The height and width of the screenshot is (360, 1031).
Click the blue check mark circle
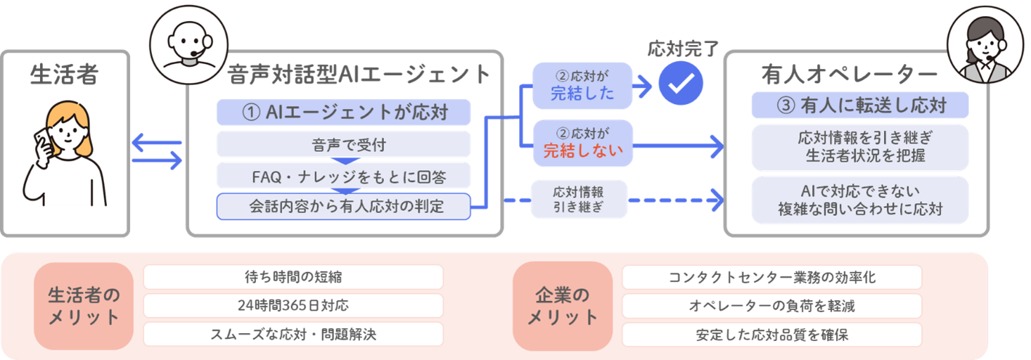coord(680,84)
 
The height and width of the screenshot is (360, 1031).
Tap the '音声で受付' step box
coord(343,145)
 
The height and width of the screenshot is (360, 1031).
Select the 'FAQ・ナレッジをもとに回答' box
coord(343,176)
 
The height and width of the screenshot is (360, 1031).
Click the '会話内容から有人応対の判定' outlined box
coord(343,206)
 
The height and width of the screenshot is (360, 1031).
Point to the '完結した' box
coord(582,86)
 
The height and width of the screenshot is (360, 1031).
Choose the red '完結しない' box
coord(583,143)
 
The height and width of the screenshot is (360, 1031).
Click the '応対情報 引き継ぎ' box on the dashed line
coord(579,199)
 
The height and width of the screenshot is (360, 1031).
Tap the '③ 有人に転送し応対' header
coord(860,105)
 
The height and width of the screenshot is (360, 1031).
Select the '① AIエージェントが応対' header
coord(343,112)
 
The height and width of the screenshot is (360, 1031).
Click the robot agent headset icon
coord(188,45)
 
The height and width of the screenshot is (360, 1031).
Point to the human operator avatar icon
coord(985,45)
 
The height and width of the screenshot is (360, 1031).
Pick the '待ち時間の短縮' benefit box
coord(293,276)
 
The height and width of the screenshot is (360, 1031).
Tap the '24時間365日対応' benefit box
coord(293,305)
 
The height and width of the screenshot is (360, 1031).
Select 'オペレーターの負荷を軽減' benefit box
coord(772,306)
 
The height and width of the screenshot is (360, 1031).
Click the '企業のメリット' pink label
coord(563,306)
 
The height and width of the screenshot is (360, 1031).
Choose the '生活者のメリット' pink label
coord(84,306)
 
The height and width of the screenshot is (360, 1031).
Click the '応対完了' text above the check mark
coord(683,49)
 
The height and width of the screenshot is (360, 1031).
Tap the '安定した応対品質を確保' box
coord(772,335)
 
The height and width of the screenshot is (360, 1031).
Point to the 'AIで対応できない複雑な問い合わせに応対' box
coord(860,200)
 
